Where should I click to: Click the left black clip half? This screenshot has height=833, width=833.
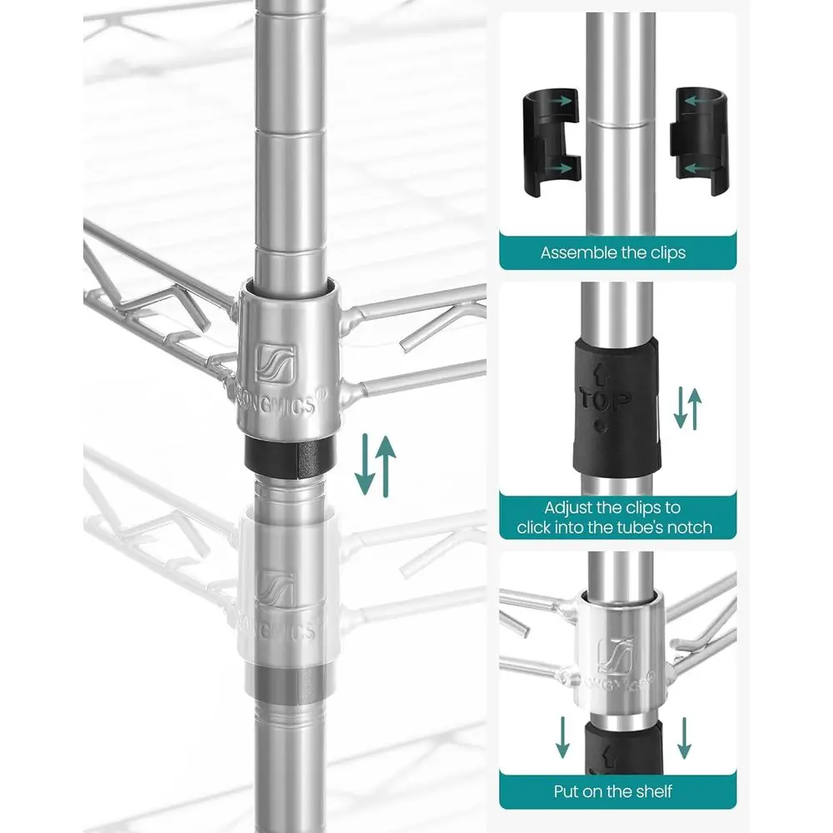(551, 142)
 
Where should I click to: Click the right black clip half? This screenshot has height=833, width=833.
(701, 141)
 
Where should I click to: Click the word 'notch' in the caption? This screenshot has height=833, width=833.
(690, 527)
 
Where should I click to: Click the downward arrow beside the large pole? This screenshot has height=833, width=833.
(365, 464)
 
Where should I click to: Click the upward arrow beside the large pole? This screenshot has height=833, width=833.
(387, 466)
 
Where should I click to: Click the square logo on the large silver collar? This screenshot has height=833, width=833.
(276, 364)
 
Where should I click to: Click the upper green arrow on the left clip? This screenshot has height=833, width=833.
(560, 99)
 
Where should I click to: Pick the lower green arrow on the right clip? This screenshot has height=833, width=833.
(697, 168)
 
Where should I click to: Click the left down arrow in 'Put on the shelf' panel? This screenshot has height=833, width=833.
(562, 737)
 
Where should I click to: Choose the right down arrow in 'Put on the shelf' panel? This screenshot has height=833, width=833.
(684, 738)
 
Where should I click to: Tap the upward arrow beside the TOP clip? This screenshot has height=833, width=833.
(695, 409)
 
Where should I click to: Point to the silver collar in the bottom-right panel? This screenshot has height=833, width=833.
(620, 656)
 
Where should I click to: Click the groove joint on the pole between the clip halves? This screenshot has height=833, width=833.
(621, 124)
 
